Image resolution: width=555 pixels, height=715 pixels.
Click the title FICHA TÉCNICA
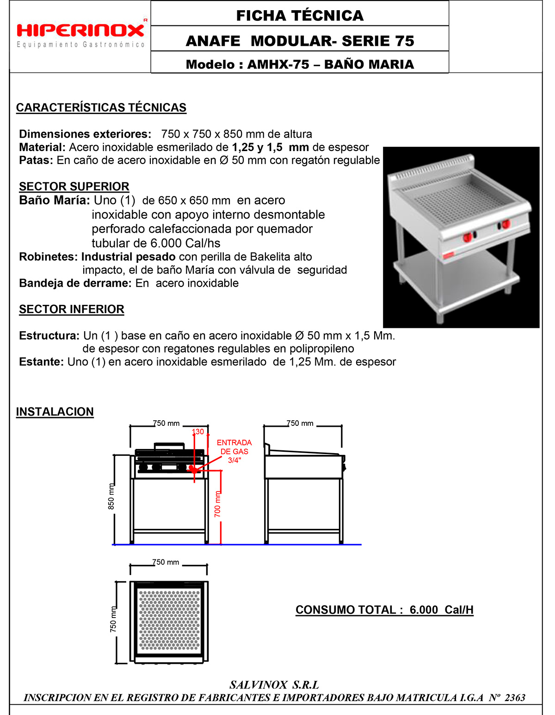click(300, 16)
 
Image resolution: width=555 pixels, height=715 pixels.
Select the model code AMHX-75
click(278, 64)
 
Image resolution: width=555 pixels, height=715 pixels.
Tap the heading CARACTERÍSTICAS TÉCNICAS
click(101, 108)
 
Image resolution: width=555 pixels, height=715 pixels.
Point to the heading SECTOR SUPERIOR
click(74, 187)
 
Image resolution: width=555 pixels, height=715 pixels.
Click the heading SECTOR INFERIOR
click(72, 309)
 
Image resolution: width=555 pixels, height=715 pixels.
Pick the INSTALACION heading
click(55, 412)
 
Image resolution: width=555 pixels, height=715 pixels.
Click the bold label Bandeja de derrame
click(75, 283)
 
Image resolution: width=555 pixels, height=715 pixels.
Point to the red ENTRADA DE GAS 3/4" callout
click(234, 451)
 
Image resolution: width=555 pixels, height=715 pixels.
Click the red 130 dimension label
click(198, 432)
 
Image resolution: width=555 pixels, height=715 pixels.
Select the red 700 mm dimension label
click(217, 504)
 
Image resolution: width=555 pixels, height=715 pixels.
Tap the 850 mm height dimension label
click(111, 497)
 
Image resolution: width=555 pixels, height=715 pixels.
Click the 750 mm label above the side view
click(300, 424)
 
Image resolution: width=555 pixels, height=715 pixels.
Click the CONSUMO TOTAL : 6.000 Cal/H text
click(384, 610)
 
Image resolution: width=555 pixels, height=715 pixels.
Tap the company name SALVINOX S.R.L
click(274, 685)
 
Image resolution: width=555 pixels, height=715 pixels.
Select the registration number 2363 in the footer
click(515, 697)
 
